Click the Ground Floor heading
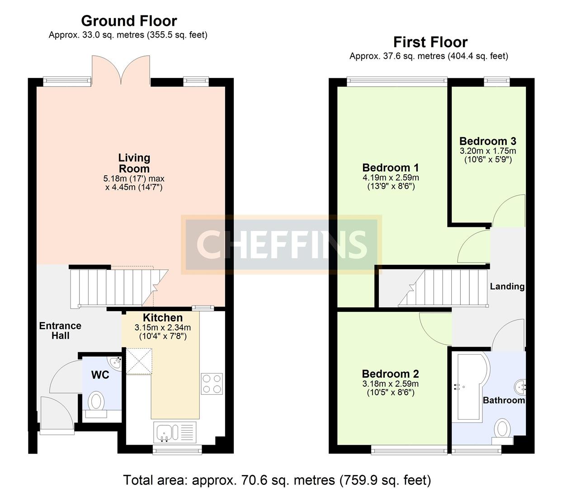click(x=129, y=21)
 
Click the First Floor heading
click(x=430, y=42)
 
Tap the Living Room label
click(x=134, y=163)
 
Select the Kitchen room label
click(x=163, y=318)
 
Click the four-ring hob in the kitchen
click(x=212, y=384)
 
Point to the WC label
click(x=100, y=375)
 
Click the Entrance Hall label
click(x=60, y=331)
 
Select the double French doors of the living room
click(x=121, y=71)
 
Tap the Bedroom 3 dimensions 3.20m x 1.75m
click(x=487, y=151)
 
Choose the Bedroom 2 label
click(x=390, y=374)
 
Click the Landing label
click(x=507, y=286)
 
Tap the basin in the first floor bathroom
click(x=519, y=387)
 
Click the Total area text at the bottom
click(x=277, y=479)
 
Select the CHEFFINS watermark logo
click(x=281, y=244)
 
